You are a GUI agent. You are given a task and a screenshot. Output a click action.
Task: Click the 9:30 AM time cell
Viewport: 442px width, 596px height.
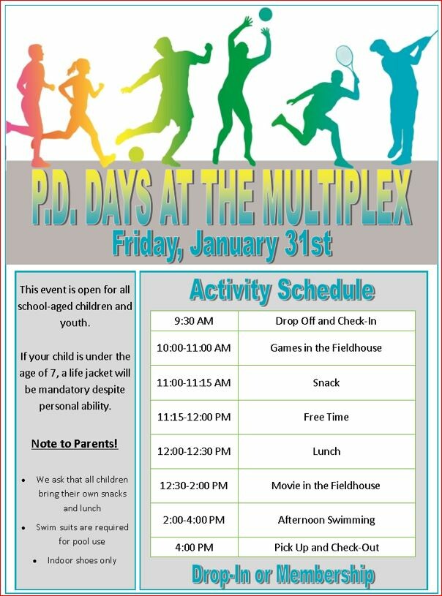coord(194,321)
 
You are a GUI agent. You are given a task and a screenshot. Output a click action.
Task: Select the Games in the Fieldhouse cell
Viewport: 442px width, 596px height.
coord(326,348)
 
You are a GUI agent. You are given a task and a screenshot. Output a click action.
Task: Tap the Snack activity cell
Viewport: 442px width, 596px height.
coord(326,382)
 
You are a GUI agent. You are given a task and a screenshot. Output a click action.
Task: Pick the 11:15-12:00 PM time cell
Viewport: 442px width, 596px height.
coord(194,418)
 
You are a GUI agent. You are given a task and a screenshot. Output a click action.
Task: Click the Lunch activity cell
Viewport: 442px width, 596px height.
coord(326,451)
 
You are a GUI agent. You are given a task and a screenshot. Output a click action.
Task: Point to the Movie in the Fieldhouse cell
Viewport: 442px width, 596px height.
coord(326,486)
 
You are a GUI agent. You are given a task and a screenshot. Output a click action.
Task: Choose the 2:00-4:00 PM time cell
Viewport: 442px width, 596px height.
coord(194,520)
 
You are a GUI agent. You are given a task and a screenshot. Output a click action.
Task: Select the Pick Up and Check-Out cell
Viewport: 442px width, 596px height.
coord(326,547)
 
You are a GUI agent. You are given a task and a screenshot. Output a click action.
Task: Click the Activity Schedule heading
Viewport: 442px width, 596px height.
coord(282,291)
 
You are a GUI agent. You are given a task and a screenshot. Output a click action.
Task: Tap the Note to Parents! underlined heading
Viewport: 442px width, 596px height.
coord(75,444)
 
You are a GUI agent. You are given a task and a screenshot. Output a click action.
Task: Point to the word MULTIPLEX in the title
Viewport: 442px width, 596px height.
coord(337,197)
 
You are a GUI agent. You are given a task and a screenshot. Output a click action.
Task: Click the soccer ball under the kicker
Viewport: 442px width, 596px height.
coord(136,154)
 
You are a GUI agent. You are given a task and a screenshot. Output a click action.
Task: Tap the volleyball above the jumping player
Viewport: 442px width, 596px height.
coord(266,15)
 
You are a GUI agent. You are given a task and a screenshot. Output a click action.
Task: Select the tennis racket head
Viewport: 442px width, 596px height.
coord(345,56)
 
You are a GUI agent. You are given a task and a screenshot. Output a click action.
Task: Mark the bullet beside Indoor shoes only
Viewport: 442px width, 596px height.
coord(35,561)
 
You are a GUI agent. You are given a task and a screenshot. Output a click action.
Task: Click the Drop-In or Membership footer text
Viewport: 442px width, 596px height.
coord(283,574)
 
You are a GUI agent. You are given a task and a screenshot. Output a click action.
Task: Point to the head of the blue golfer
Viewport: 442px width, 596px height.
coord(381,48)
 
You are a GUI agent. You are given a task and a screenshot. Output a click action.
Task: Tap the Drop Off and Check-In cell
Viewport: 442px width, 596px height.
coord(326,321)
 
